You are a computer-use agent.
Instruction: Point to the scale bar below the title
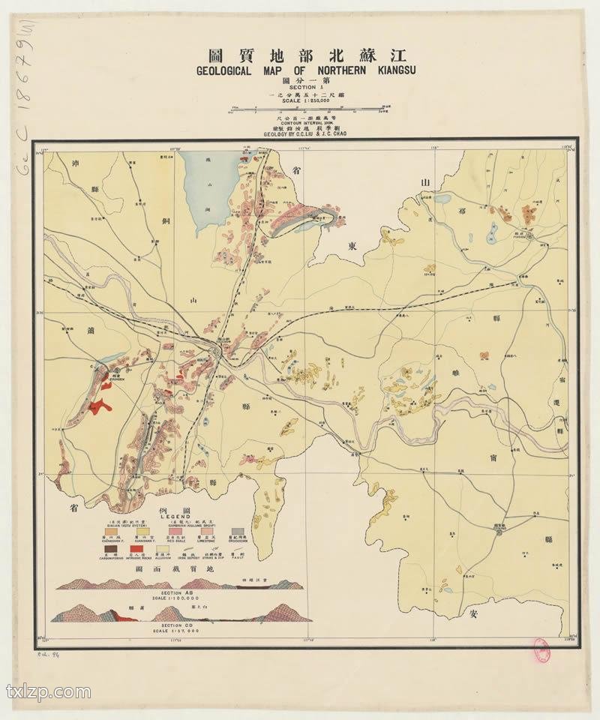307,111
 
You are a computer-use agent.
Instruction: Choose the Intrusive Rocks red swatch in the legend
136,549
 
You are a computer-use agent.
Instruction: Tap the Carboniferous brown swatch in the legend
111,549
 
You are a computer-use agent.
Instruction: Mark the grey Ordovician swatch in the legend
238,531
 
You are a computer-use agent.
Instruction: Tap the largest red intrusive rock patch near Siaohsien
98,406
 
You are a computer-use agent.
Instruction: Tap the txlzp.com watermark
49,691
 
